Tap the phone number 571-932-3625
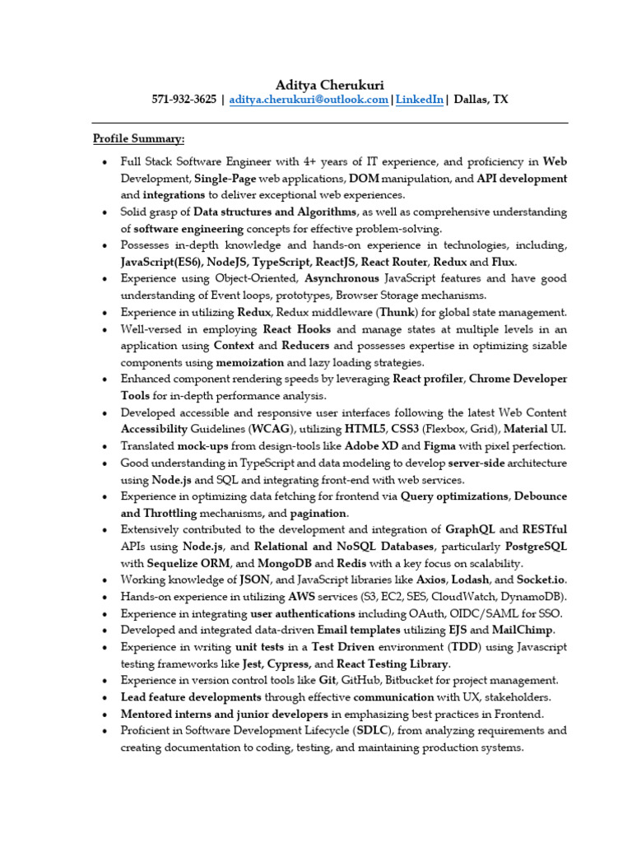pos(184,100)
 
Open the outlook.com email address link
pos(309,100)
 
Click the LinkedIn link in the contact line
pos(421,100)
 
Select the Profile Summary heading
pos(138,138)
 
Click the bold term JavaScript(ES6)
pos(161,262)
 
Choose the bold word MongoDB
pos(283,563)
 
